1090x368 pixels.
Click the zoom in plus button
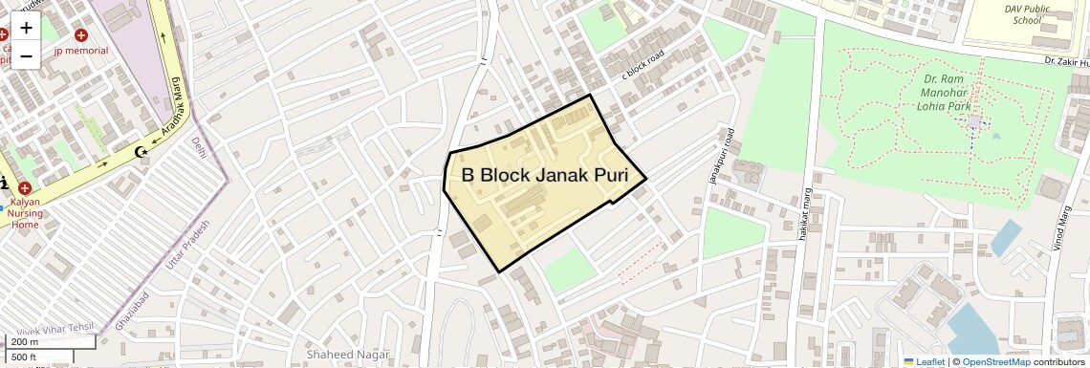(x=26, y=29)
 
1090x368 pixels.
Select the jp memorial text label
(x=81, y=50)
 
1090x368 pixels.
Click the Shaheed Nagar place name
(x=348, y=355)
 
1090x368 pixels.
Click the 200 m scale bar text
(x=26, y=341)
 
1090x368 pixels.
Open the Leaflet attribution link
(x=924, y=361)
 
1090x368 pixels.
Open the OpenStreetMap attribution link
(x=995, y=361)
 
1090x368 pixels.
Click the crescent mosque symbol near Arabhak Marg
(x=142, y=151)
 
